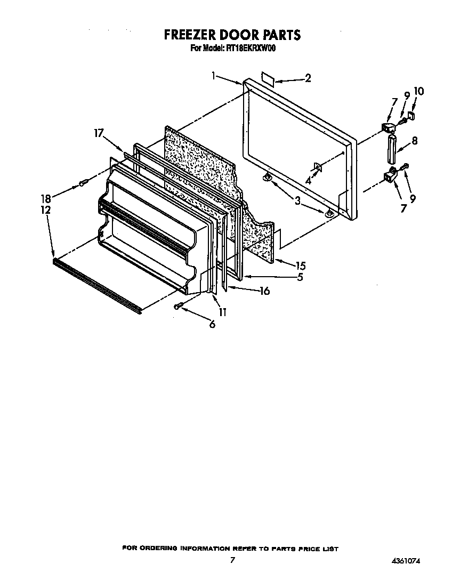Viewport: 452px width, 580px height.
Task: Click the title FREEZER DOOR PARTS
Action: click(x=232, y=35)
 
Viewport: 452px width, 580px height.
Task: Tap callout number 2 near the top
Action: click(x=308, y=78)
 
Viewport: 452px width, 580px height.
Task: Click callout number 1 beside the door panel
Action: click(x=214, y=76)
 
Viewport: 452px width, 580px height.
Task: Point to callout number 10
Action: click(x=418, y=92)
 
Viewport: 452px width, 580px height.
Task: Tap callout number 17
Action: click(x=98, y=133)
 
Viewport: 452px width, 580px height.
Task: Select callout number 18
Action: click(x=46, y=198)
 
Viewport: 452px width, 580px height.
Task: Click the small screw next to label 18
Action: click(x=83, y=184)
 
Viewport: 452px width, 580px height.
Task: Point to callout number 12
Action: click(x=46, y=210)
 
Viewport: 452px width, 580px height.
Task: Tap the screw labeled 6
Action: click(x=180, y=305)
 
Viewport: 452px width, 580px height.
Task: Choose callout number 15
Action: click(x=300, y=265)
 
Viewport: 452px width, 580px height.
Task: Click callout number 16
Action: click(x=263, y=291)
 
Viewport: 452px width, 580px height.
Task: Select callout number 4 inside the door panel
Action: click(x=308, y=180)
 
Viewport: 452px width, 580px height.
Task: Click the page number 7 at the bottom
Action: click(x=232, y=560)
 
